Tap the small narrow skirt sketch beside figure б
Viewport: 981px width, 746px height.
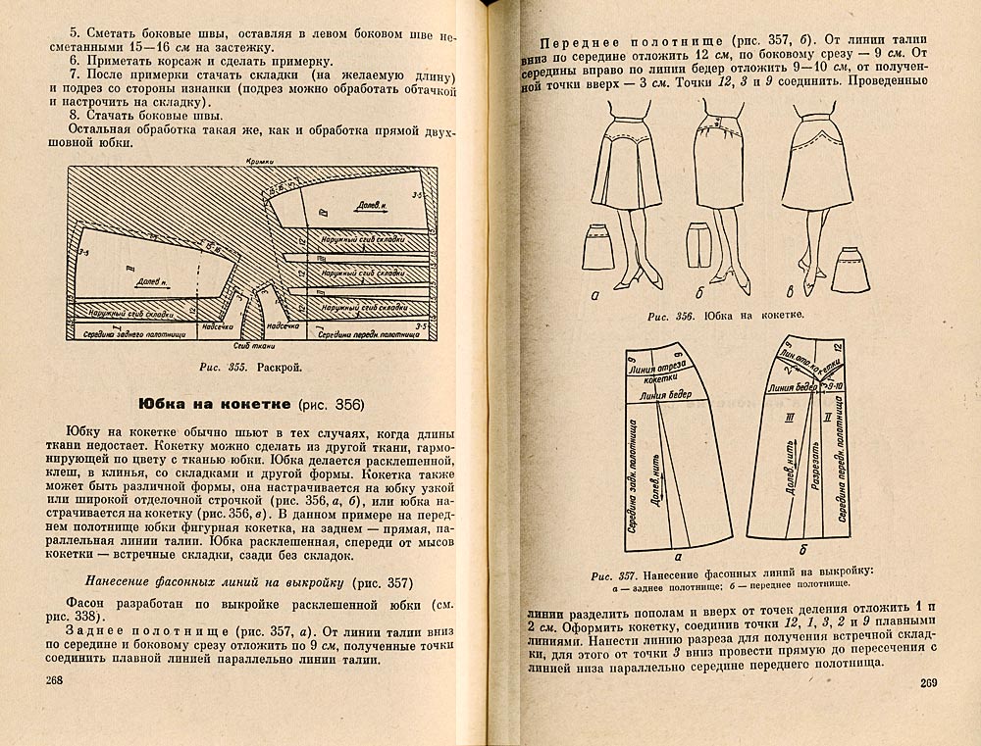pyautogui.click(x=698, y=244)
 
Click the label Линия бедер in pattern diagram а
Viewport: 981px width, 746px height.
pyautogui.click(x=662, y=396)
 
